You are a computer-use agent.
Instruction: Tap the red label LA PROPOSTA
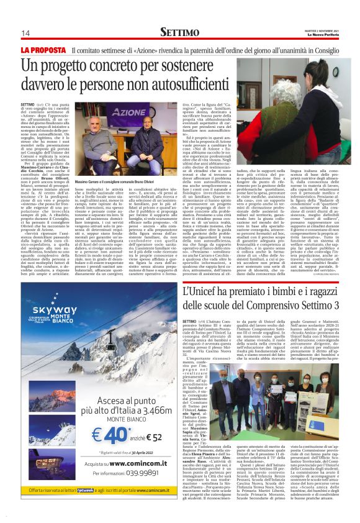(43, 49)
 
